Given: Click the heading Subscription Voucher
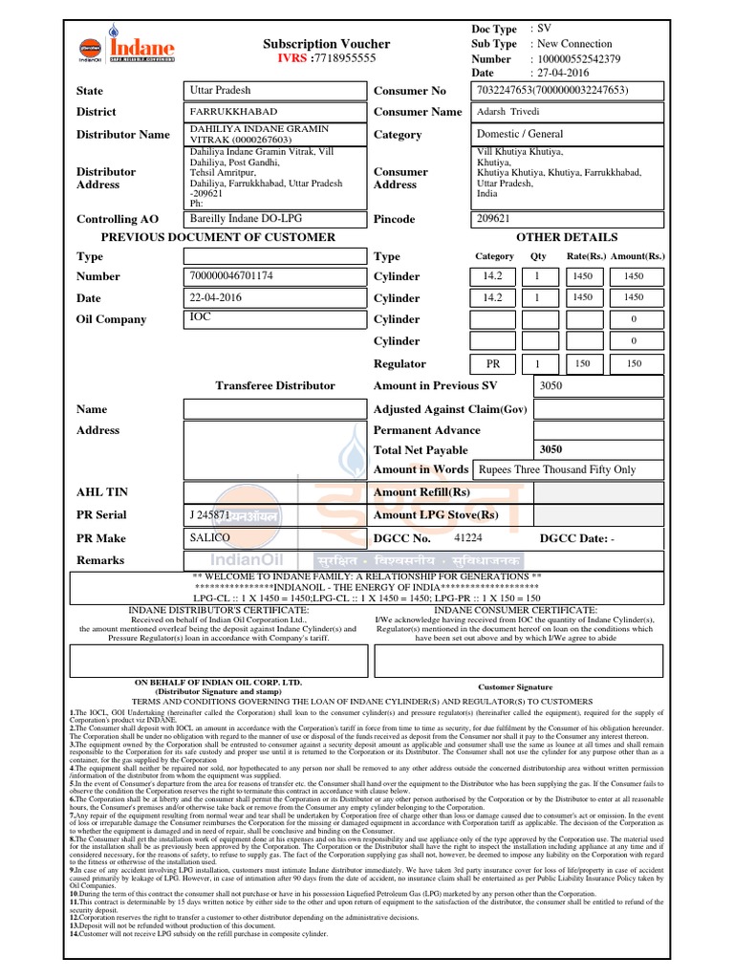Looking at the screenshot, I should [x=326, y=44].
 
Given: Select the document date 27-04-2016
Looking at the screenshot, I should [x=570, y=73].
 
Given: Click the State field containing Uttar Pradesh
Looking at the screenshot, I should [x=274, y=91].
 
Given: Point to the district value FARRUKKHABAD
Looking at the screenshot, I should [x=274, y=112].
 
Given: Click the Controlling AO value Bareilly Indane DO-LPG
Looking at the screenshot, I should [x=274, y=219].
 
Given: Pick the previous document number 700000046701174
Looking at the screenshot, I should [x=274, y=276].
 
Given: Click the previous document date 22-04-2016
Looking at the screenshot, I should [x=274, y=297].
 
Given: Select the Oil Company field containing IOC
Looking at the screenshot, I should [x=274, y=317].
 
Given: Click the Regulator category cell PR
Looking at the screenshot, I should [x=493, y=364].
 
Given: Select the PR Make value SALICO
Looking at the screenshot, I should [x=274, y=538].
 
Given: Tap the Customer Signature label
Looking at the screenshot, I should [x=514, y=686].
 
